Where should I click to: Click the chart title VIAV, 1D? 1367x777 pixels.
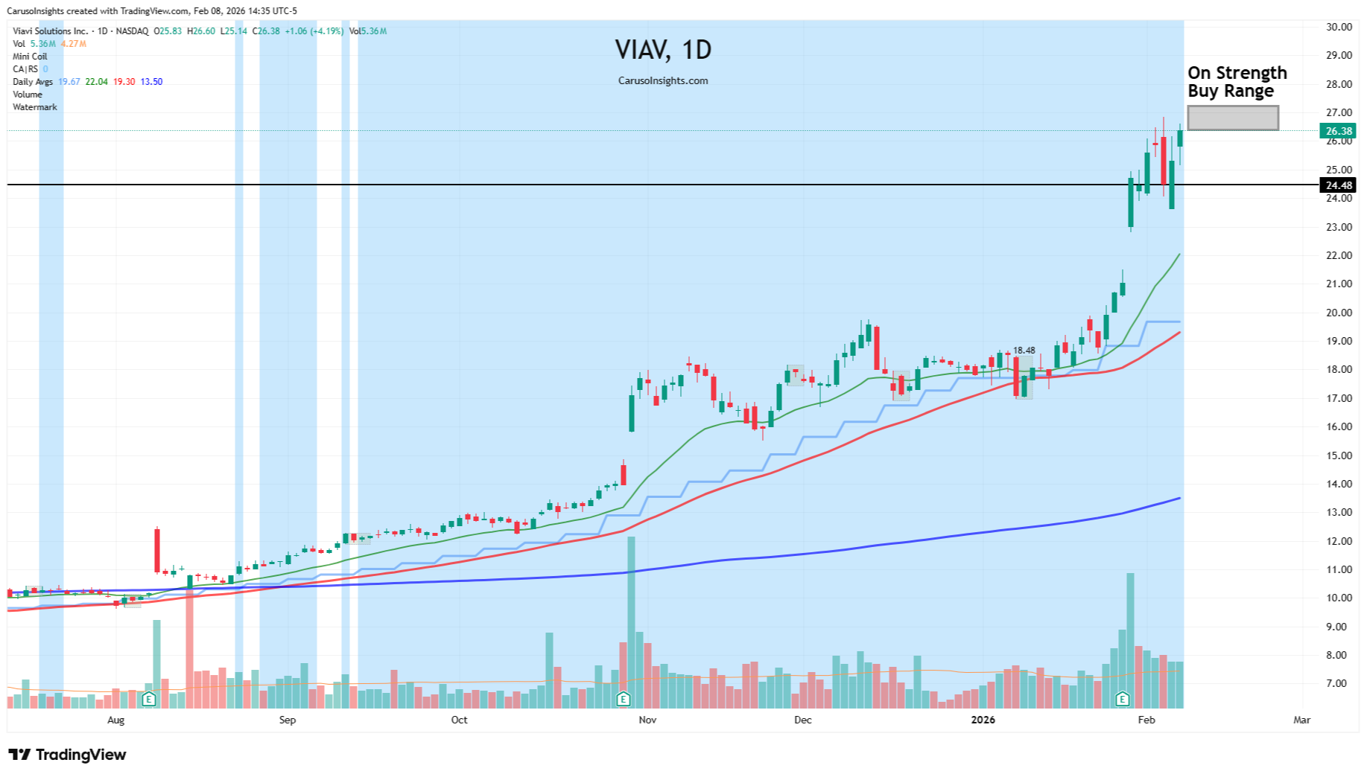[663, 50]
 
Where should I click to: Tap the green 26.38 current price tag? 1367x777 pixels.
[1337, 131]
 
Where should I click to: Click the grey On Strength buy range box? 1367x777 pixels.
[1232, 118]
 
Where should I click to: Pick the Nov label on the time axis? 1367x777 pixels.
[647, 720]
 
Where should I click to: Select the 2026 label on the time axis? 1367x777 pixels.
[983, 720]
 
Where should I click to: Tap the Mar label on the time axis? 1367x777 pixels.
[1301, 720]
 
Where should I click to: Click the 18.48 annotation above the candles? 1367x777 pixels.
[1024, 351]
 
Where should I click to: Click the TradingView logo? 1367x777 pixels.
[67, 755]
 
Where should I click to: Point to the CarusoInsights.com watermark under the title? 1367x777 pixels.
[663, 80]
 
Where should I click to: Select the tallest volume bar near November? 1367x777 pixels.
[631, 621]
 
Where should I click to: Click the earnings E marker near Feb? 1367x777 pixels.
[1122, 699]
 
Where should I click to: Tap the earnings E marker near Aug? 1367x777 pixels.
[148, 699]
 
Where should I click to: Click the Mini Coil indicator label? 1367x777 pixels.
[30, 57]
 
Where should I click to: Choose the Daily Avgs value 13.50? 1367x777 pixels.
[151, 82]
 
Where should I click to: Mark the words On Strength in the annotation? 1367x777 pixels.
[1237, 73]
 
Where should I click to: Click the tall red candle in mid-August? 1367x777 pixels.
[157, 550]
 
